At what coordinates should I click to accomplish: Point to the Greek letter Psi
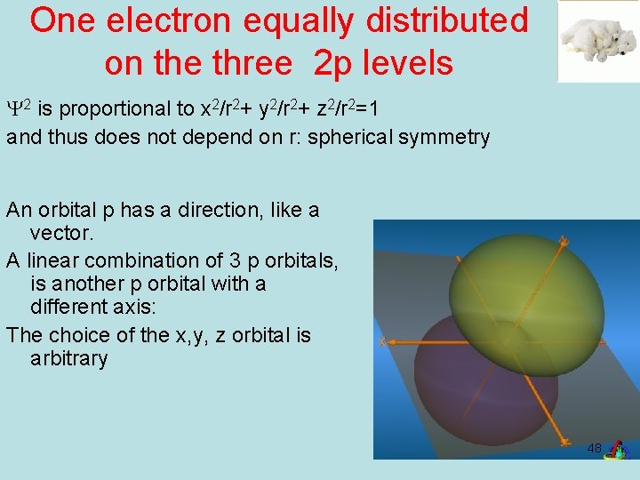coord(14,109)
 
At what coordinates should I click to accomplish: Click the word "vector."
coord(60,234)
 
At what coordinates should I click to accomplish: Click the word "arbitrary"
coord(68,359)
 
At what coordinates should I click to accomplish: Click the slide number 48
coord(594,448)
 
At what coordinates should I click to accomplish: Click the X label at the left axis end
coord(381,341)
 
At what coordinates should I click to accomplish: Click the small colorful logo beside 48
coord(615,451)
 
